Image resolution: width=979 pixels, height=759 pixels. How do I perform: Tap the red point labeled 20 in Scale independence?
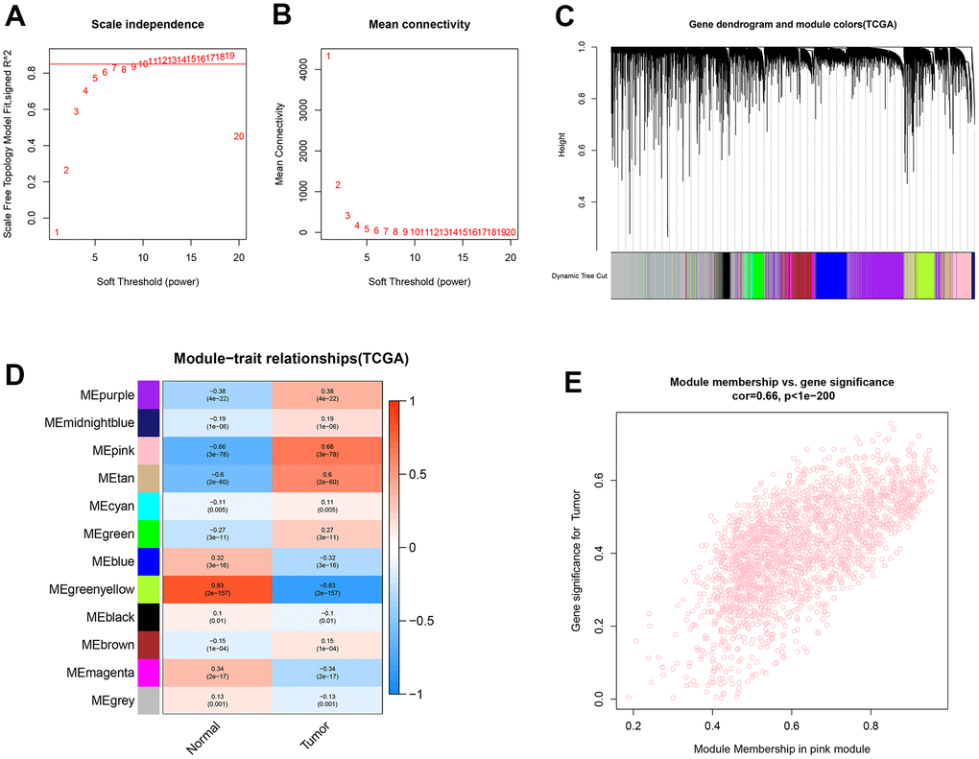tap(239, 136)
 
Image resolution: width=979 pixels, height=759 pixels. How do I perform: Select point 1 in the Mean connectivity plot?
tap(328, 57)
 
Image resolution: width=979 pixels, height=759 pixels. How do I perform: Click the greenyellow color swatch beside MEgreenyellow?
tap(149, 581)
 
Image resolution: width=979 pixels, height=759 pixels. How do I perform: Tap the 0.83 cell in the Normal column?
tap(218, 581)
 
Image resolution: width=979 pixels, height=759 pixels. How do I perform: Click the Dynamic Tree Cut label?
tap(580, 275)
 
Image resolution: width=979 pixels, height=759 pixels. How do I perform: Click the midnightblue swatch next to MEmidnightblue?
tap(149, 423)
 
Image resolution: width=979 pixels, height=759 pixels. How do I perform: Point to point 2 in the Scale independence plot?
tap(66, 171)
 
